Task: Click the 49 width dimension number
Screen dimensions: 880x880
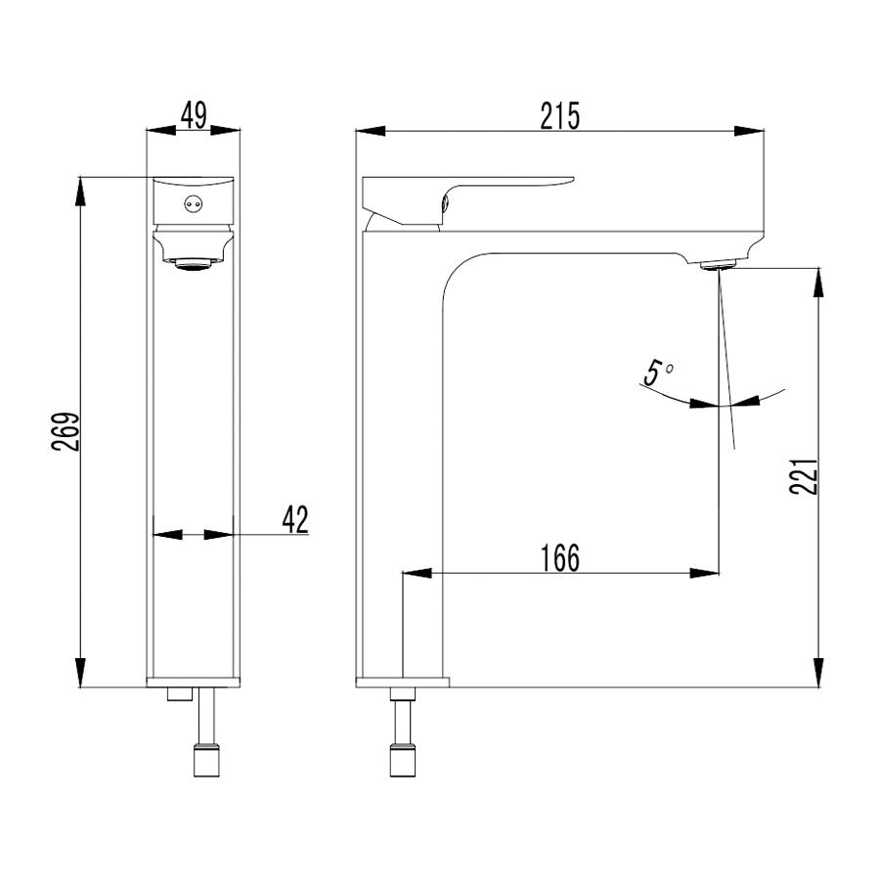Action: [194, 115]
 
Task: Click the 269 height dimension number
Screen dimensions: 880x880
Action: [66, 431]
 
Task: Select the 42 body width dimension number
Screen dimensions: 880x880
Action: [295, 519]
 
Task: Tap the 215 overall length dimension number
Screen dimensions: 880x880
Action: [559, 116]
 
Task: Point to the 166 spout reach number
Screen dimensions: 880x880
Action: [559, 558]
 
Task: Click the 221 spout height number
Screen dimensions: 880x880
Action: [803, 476]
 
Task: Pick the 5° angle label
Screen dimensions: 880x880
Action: [658, 374]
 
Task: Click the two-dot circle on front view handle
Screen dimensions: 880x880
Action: [193, 203]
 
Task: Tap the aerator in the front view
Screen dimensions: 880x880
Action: [193, 264]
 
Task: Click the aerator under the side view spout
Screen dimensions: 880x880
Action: [718, 264]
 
